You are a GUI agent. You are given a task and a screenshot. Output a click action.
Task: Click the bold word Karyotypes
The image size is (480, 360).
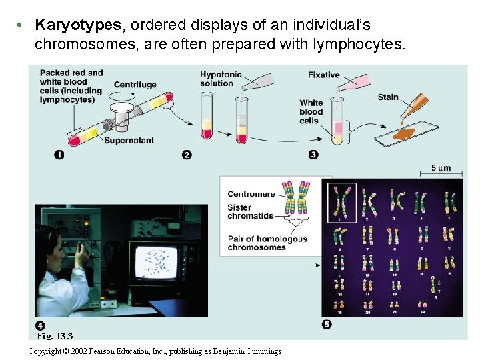click(78, 25)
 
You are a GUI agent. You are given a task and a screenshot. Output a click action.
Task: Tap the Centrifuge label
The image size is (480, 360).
click(135, 85)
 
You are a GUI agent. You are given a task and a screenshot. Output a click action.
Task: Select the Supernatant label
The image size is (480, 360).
click(129, 141)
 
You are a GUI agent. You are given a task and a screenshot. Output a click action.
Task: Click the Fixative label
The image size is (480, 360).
click(324, 75)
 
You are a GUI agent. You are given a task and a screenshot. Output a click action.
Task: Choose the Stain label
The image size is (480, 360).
click(388, 97)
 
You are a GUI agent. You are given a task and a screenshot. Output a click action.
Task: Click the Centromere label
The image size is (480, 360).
click(251, 194)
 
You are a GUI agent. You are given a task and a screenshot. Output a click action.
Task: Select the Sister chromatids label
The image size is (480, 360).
click(250, 211)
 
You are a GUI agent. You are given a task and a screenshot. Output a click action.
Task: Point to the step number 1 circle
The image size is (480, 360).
click(59, 155)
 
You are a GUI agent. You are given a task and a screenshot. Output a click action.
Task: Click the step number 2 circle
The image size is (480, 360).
click(187, 155)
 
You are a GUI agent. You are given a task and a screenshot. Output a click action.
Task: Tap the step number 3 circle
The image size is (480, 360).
click(313, 155)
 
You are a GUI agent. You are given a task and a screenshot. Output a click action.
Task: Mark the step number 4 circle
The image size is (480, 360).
click(41, 326)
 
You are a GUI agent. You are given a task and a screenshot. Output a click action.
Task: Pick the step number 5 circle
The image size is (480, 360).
click(327, 325)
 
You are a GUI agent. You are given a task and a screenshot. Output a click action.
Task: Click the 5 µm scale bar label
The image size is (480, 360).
click(441, 168)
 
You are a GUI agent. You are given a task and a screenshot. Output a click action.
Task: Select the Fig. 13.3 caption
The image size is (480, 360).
click(55, 336)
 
